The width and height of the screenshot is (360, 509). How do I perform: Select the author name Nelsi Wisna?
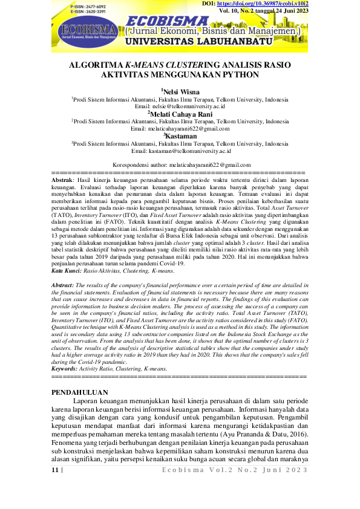click(181, 91)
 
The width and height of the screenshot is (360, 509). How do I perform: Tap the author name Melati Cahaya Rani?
click(181, 113)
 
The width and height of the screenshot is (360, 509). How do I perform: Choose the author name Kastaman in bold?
click(181, 136)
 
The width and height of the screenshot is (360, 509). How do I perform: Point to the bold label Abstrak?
click(61, 180)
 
